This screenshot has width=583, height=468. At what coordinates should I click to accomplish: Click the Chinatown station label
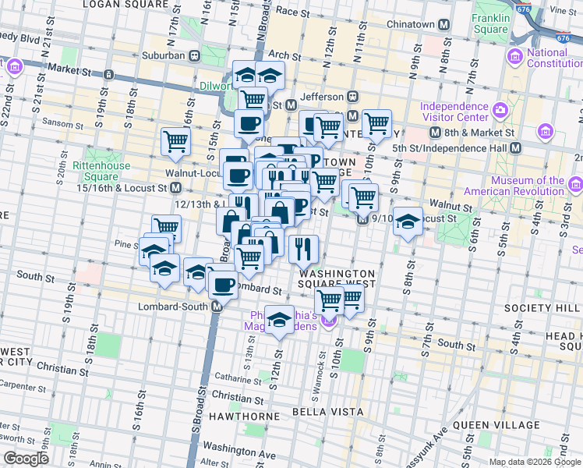(x=412, y=25)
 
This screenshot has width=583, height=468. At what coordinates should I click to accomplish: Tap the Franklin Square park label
(x=490, y=23)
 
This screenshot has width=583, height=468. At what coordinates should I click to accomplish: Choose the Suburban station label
(x=163, y=55)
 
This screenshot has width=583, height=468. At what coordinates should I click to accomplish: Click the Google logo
(x=26, y=458)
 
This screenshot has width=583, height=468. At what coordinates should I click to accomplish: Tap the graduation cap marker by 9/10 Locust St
(x=408, y=221)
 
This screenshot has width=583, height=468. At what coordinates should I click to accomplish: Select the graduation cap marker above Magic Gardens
(x=280, y=319)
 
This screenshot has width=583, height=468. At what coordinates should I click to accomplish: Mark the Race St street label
(x=292, y=12)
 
